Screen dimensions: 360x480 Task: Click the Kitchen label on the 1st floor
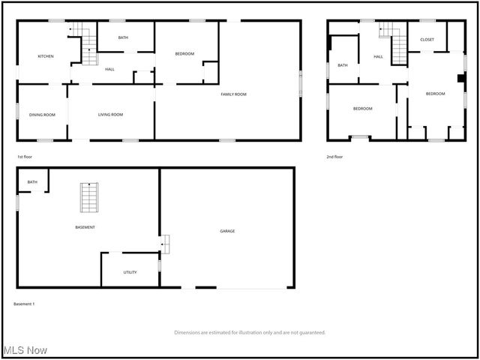pyautogui.click(x=46, y=57)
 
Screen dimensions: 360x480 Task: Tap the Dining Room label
pyautogui.click(x=42, y=115)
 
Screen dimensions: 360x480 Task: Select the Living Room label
pyautogui.click(x=110, y=115)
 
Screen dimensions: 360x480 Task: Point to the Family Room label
pyautogui.click(x=233, y=94)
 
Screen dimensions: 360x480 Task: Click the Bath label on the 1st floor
pyautogui.click(x=123, y=37)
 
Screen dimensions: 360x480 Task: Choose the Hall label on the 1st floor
pyautogui.click(x=109, y=69)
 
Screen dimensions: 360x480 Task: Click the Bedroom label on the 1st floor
pyautogui.click(x=184, y=53)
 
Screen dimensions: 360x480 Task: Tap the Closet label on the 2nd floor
pyautogui.click(x=427, y=39)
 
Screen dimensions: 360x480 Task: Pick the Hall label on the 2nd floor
pyautogui.click(x=378, y=56)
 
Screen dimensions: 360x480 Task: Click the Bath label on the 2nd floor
pyautogui.click(x=343, y=65)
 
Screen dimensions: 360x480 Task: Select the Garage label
pyautogui.click(x=227, y=231)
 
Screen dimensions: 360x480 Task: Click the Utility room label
pyautogui.click(x=130, y=272)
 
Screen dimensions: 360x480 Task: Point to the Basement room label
pyautogui.click(x=85, y=227)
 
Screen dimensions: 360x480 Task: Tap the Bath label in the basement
pyautogui.click(x=32, y=181)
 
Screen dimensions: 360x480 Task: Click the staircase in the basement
pyautogui.click(x=89, y=197)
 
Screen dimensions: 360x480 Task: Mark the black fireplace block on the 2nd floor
pyautogui.click(x=461, y=77)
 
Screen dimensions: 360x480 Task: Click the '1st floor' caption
pyautogui.click(x=25, y=157)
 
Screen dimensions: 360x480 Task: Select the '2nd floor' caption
pyautogui.click(x=334, y=157)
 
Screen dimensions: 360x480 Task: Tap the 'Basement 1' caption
pyautogui.click(x=24, y=304)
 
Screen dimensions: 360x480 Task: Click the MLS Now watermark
pyautogui.click(x=25, y=350)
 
